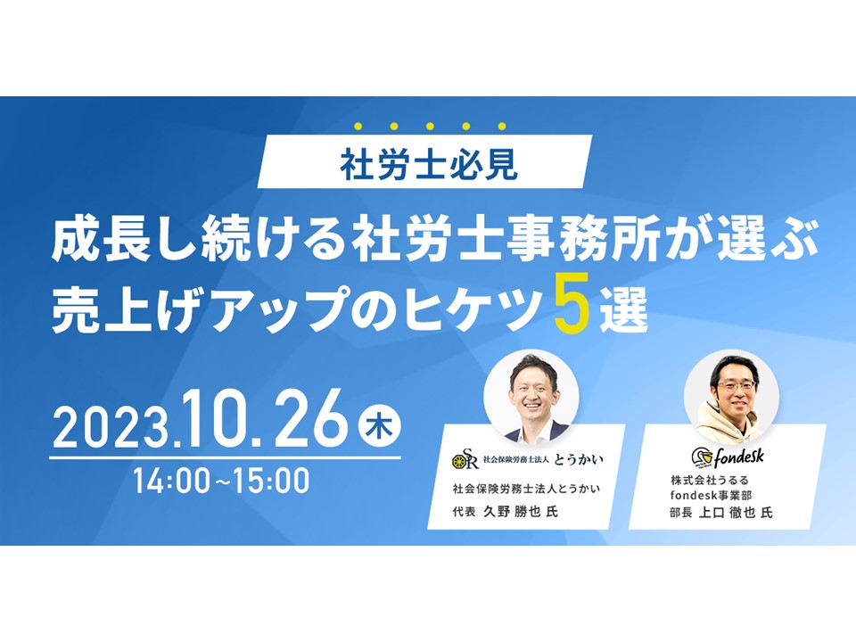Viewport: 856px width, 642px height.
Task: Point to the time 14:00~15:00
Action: click(222, 481)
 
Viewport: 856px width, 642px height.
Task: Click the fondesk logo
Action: click(728, 457)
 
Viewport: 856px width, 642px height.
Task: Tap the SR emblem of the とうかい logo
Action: click(465, 460)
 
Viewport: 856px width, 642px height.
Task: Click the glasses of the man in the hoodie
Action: click(736, 385)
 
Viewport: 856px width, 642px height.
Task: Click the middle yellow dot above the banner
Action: click(430, 127)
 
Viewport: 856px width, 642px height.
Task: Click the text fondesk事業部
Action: click(711, 496)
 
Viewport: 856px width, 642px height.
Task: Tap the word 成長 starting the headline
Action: click(102, 240)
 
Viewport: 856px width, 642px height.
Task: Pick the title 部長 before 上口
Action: click(681, 513)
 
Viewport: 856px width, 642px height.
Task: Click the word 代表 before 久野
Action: click(464, 512)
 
